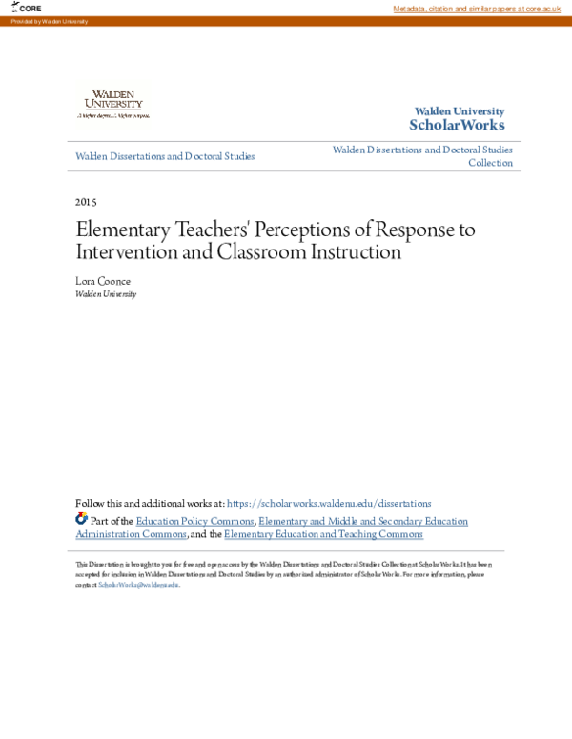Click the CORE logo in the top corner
28,8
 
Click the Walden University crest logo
113,101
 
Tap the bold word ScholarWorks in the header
457,126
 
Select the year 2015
86,202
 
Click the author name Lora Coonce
102,281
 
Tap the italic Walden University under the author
106,294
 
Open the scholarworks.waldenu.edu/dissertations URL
329,504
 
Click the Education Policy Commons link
194,521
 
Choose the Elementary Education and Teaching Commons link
323,534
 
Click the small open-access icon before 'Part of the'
81,520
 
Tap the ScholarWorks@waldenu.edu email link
138,585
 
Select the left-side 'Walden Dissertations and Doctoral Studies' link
165,156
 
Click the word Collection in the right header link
490,163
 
